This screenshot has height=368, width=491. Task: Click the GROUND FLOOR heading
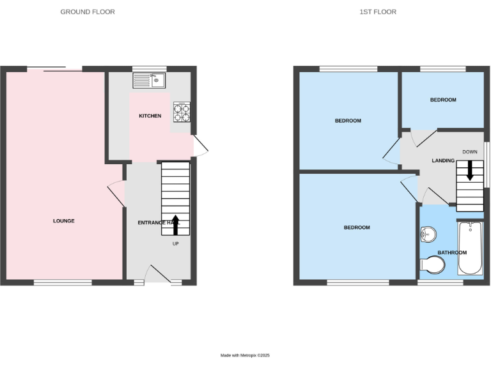coord(88,11)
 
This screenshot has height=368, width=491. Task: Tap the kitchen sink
coord(149,80)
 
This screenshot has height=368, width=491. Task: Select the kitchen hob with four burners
coord(181,112)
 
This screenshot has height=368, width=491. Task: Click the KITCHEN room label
coord(150,116)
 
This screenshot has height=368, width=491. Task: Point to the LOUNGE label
coord(64,221)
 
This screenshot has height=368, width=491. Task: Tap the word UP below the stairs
coord(175,243)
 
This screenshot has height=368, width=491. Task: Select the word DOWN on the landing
coord(470,152)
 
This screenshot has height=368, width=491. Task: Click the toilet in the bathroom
coord(433,264)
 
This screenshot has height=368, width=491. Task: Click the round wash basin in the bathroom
coord(427,235)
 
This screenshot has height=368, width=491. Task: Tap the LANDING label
coord(442,161)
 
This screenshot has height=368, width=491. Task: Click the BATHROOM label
coord(452,253)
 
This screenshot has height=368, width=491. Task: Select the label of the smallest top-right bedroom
coord(443,100)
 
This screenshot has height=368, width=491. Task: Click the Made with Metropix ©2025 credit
coord(245,355)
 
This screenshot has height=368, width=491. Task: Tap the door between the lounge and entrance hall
coord(116,194)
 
